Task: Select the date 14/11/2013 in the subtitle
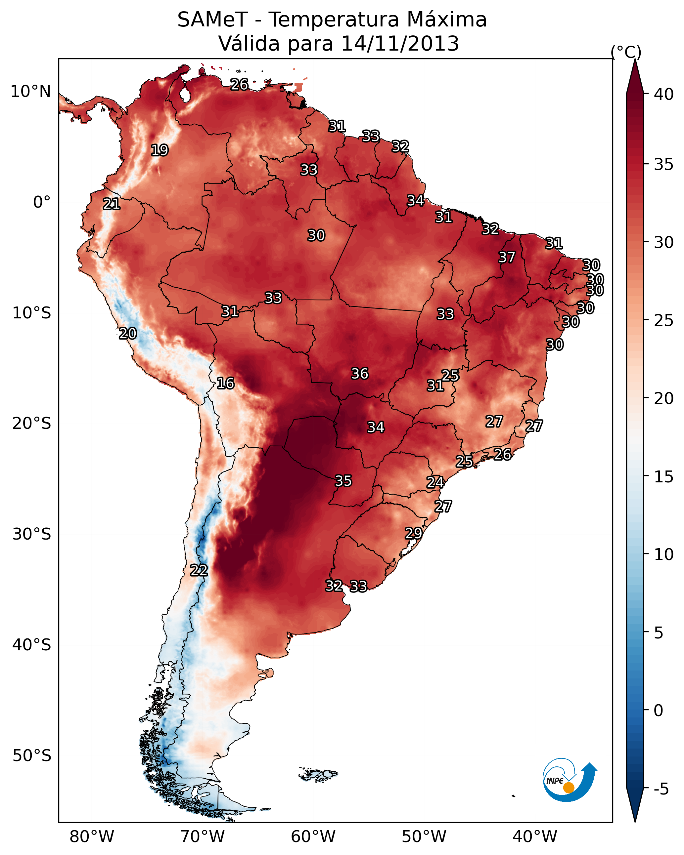point(400,44)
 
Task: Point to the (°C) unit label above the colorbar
point(626,52)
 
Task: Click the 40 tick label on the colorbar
point(663,94)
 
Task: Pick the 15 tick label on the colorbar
point(663,477)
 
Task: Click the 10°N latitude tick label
point(30,92)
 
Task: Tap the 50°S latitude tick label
point(32,755)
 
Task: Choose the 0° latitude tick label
point(42,202)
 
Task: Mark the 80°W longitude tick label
point(92,836)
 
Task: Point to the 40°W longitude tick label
point(535,836)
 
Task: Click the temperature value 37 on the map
point(507,257)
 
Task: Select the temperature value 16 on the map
point(225,383)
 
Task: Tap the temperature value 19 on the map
point(160,150)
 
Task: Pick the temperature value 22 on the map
point(199,570)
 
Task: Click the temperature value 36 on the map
point(360,374)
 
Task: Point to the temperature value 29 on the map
point(413,533)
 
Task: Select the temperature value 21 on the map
point(112,204)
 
